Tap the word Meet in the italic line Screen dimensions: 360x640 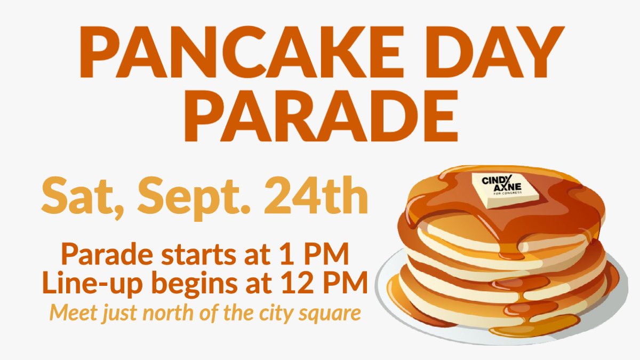[x=70, y=311]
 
